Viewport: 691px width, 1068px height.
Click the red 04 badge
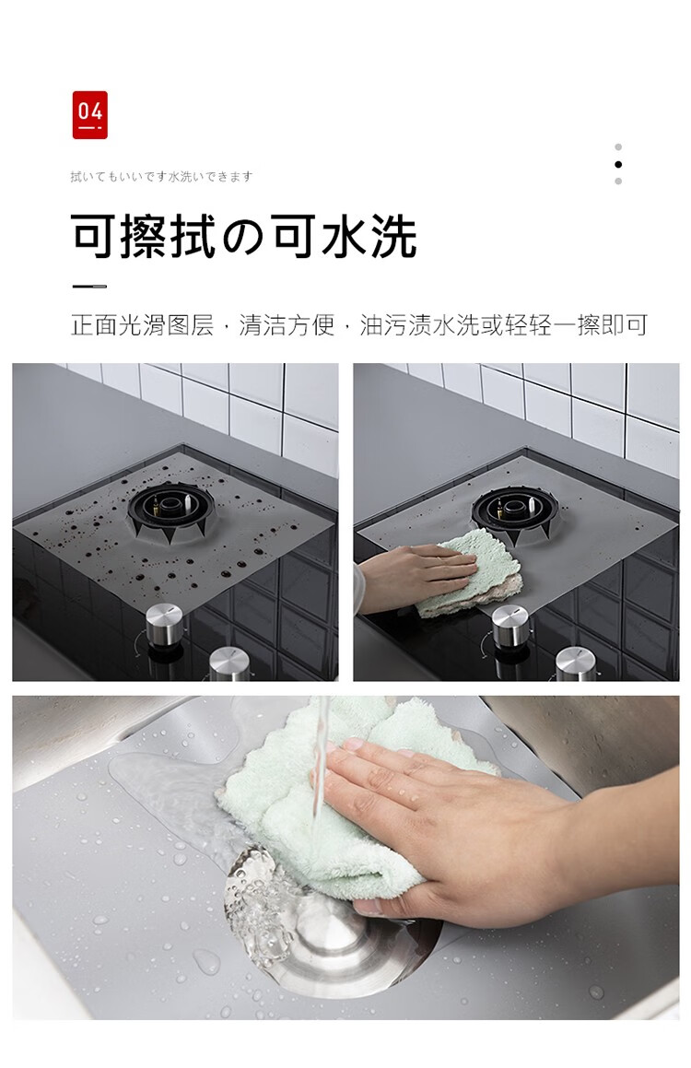90,115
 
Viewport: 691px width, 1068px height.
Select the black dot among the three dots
617,164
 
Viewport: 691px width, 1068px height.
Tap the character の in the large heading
243,237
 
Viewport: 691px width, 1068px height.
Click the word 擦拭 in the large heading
169,236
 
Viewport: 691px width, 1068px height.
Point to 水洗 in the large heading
369,236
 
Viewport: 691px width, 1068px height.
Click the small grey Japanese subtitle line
161,177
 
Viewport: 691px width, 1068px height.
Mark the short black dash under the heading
89,287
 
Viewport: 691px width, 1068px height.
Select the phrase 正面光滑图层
142,325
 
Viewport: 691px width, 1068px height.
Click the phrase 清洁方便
287,325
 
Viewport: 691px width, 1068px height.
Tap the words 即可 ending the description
625,325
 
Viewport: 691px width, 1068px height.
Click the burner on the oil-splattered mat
171,510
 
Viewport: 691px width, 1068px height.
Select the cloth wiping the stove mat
470,572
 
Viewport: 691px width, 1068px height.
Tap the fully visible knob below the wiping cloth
509,628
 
